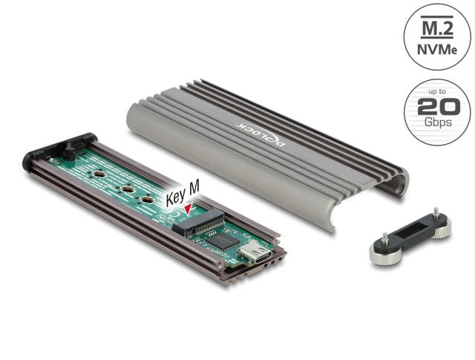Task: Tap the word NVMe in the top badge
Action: tap(437, 49)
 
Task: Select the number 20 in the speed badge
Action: tap(437, 107)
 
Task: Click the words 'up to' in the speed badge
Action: tap(437, 91)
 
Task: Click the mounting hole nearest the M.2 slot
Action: tap(148, 200)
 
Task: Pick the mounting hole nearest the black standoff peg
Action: tap(97, 175)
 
